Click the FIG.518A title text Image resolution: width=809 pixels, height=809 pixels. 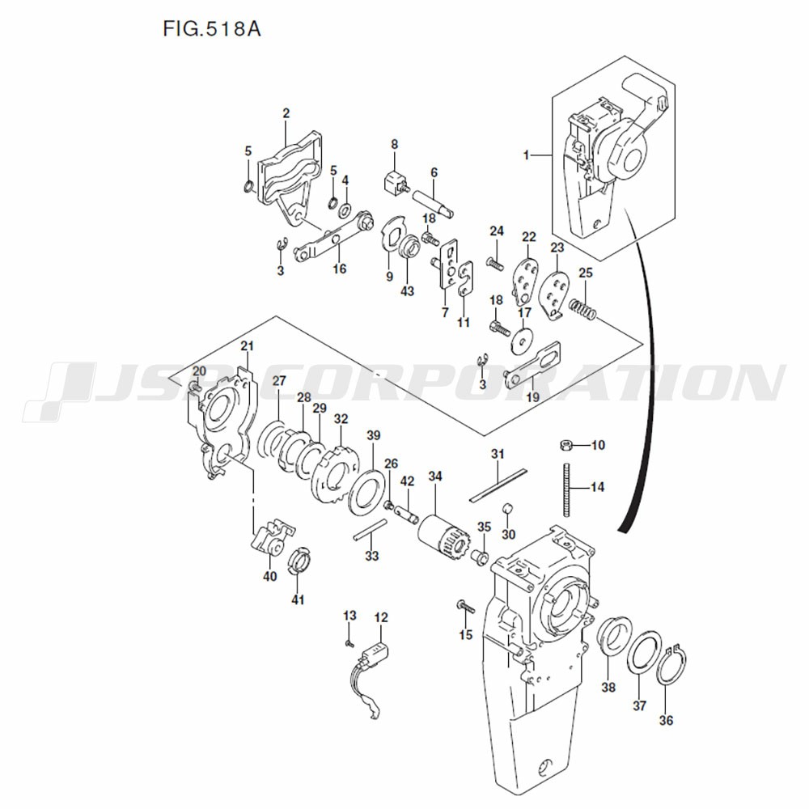[212, 28]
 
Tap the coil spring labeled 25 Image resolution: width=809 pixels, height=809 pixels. [583, 309]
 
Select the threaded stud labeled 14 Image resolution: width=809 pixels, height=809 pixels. [568, 489]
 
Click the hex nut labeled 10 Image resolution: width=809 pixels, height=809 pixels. [565, 444]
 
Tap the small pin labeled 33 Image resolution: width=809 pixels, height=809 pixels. [370, 531]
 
